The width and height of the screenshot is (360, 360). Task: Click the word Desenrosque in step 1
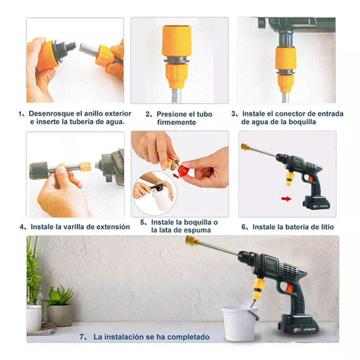pos(51,114)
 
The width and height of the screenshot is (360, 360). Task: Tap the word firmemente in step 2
pos(177,122)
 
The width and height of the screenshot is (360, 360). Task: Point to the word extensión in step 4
pos(113,227)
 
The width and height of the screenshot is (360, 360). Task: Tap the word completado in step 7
pos(188,337)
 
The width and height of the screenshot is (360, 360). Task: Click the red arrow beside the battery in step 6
pos(286,199)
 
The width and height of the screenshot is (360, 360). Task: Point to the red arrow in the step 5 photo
pos(176,176)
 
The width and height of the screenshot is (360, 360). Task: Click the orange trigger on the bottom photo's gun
pos(289,288)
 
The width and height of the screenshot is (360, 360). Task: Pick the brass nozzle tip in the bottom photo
pos(191,241)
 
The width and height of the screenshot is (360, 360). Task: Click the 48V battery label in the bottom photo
pos(297,330)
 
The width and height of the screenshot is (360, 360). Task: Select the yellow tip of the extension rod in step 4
pos(85,167)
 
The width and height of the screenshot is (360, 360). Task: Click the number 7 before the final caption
pos(82,337)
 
